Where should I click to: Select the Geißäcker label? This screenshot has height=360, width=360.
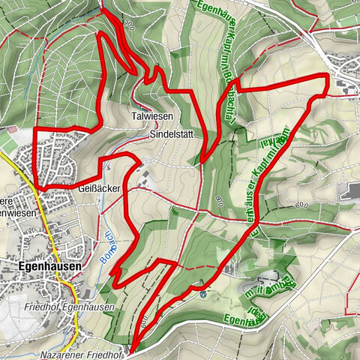99,190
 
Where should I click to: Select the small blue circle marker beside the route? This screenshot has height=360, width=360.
202,295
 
